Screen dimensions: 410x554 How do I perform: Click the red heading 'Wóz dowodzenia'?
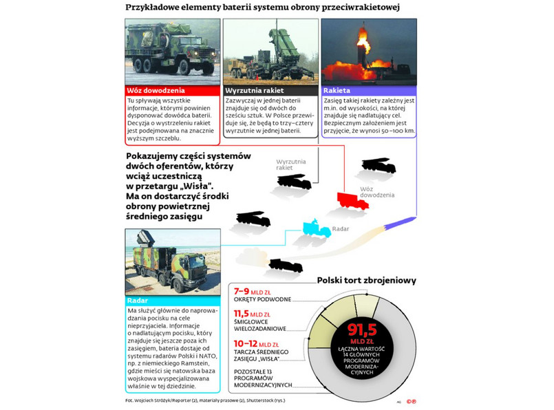(155, 90)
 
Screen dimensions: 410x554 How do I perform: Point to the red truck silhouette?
(352, 199)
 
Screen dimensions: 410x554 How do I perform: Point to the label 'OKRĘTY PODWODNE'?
(262, 299)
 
